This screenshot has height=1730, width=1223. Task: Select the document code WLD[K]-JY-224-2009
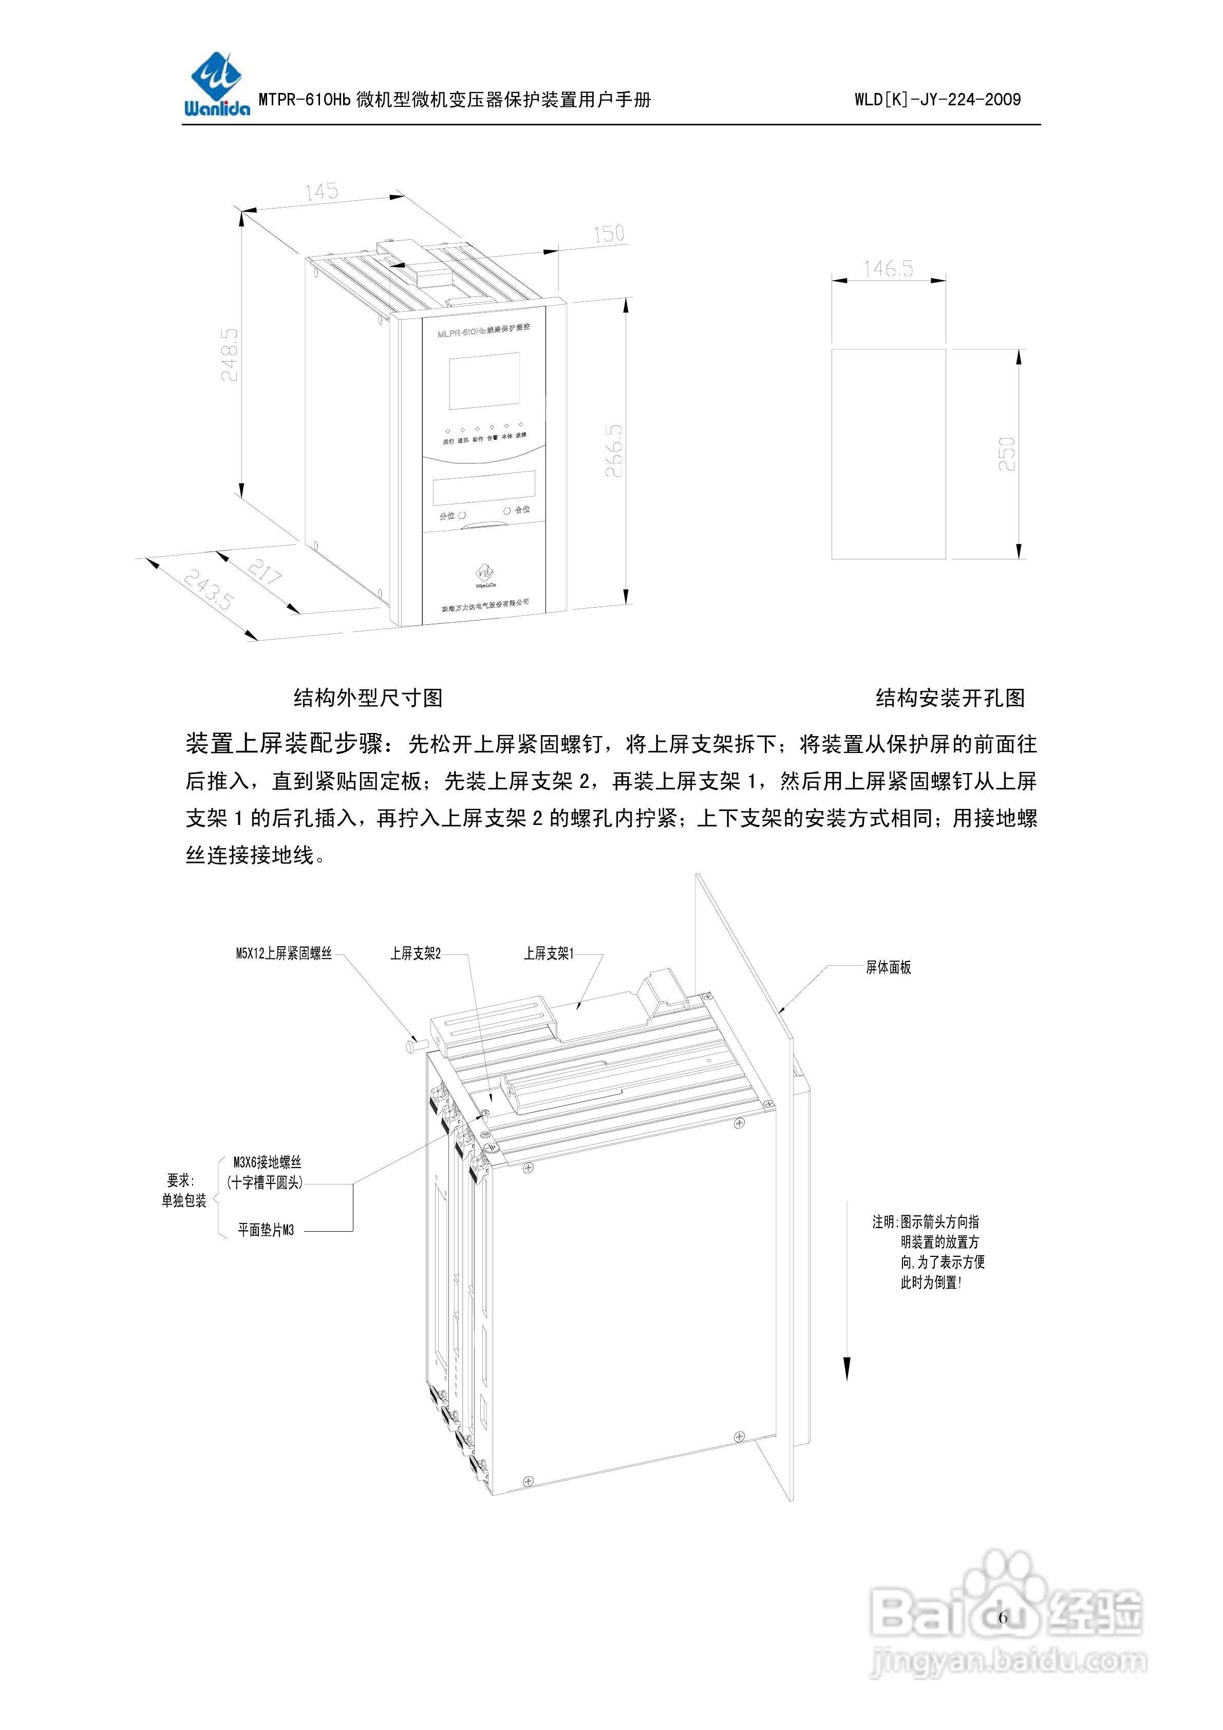click(937, 100)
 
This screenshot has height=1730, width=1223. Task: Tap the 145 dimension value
click(322, 192)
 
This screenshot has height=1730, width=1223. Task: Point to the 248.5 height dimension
click(229, 354)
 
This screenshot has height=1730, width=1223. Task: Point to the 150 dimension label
click(609, 234)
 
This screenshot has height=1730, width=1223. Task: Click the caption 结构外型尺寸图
click(368, 698)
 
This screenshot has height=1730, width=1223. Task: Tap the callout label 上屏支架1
click(549, 954)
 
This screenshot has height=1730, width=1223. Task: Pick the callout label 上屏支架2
click(415, 954)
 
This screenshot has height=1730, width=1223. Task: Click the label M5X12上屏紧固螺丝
click(284, 954)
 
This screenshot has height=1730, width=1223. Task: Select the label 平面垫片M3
click(266, 1230)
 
